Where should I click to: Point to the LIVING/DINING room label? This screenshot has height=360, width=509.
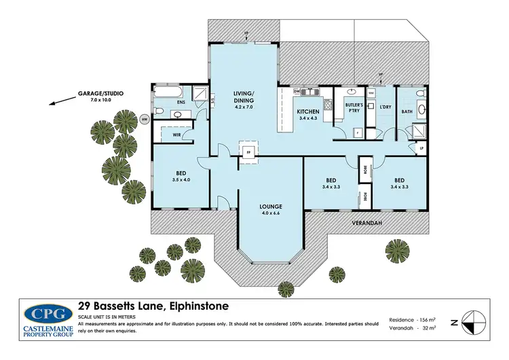(243, 102)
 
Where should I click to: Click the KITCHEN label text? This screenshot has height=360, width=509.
(307, 111)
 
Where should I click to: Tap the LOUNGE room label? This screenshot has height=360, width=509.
(270, 206)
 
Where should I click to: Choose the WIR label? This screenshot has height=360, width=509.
(176, 134)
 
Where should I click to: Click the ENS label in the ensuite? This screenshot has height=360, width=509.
(181, 103)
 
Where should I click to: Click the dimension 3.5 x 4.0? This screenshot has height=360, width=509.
(181, 181)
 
